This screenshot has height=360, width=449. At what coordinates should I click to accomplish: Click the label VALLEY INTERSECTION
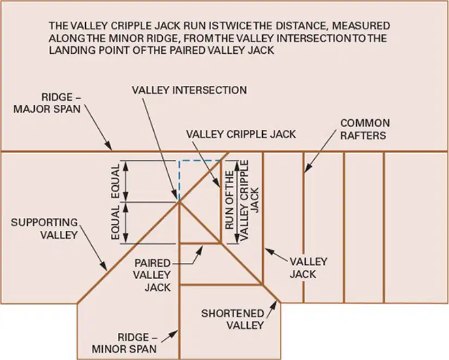[189, 90]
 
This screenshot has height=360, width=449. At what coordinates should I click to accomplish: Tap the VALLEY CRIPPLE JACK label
[241, 134]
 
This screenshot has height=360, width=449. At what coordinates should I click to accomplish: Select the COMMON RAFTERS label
[365, 129]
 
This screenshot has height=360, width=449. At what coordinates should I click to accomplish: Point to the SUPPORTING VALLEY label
[45, 229]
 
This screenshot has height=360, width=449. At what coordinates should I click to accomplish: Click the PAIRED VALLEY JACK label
[152, 275]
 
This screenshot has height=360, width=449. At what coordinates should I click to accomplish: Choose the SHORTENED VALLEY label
[232, 319]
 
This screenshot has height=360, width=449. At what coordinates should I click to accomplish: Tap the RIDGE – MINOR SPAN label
[124, 343]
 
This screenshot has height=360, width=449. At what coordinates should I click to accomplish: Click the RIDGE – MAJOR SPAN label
[47, 103]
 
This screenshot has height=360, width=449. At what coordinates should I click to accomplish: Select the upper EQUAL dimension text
[116, 181]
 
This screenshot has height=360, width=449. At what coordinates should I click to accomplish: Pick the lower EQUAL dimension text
[116, 223]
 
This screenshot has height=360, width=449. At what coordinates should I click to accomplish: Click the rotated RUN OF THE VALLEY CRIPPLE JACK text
[242, 200]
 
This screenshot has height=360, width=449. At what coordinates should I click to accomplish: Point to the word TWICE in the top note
[233, 26]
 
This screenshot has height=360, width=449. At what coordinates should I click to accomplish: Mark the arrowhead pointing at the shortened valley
[274, 305]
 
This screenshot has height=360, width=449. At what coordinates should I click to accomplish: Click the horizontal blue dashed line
[200, 161]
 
